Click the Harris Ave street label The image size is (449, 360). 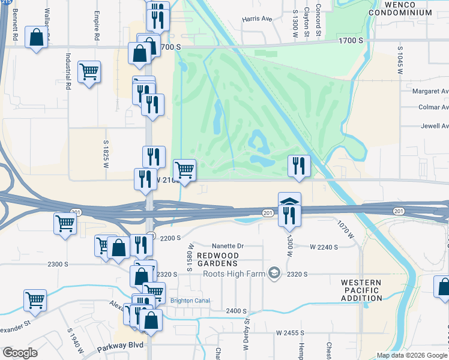point(258,19)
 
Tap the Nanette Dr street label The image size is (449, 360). point(228,246)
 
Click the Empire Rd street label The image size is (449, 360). point(97,27)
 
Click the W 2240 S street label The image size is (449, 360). point(324,247)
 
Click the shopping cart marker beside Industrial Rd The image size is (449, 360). point(89,72)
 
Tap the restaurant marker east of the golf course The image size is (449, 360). point(299,166)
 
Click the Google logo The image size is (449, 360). point(20,353)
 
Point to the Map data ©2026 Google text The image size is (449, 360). point(411,355)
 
